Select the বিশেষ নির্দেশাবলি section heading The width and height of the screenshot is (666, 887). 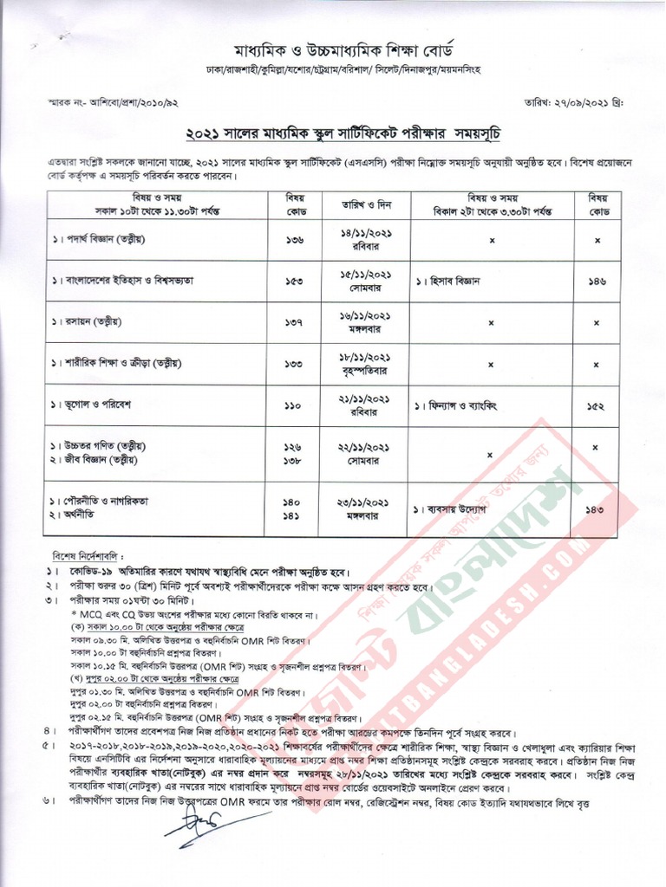(87, 554)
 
